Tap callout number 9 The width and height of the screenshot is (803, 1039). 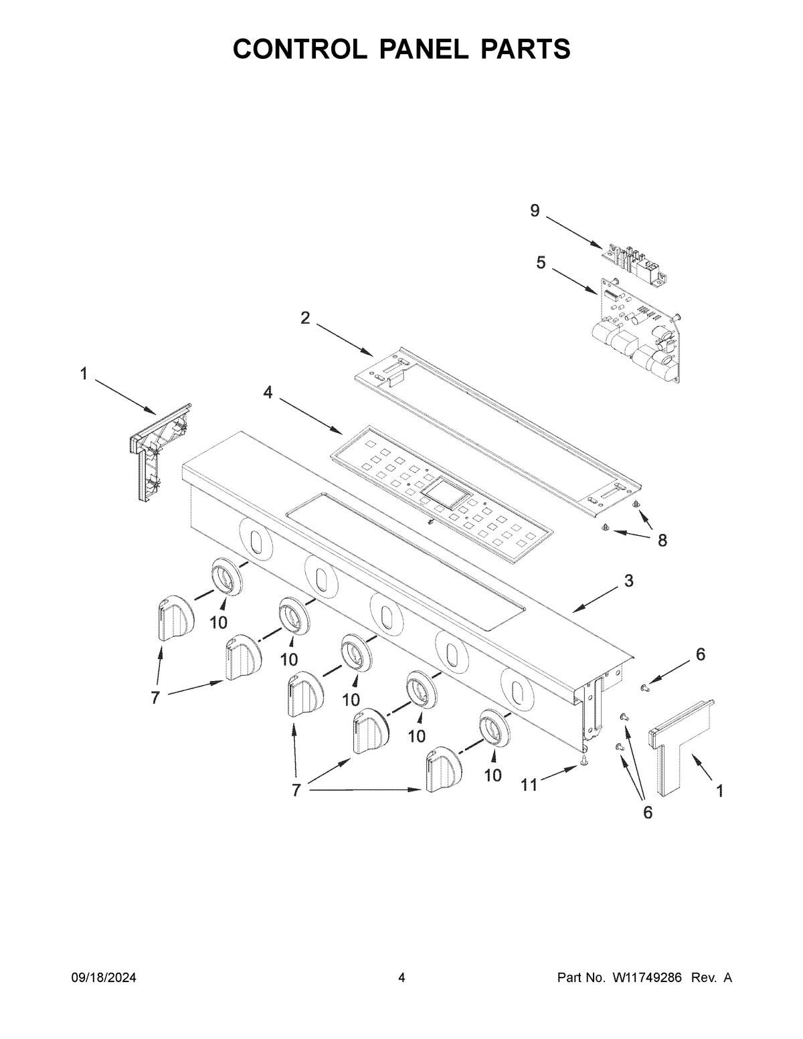pos(535,211)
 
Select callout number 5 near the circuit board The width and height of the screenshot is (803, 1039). pos(540,262)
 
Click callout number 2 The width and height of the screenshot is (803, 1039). pos(305,318)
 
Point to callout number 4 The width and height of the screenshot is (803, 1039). pos(268,393)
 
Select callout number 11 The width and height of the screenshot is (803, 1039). pos(529,785)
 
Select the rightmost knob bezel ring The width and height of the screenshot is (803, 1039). pos(494,727)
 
